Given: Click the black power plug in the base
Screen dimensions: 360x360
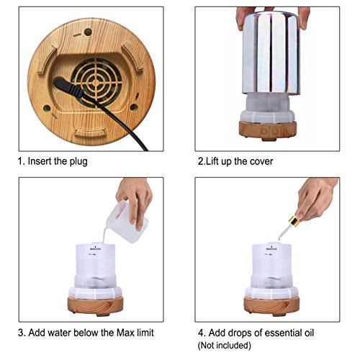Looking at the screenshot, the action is [68, 87].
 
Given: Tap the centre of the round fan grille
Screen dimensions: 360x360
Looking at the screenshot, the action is [96, 82].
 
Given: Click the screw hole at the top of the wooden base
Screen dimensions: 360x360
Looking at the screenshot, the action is [88, 32].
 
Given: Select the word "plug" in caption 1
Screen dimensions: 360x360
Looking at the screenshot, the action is [78, 161].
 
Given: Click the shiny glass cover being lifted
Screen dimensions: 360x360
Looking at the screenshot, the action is [271, 52].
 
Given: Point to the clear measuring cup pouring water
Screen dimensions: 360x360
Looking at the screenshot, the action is [127, 222].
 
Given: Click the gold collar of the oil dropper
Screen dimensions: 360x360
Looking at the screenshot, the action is [294, 221].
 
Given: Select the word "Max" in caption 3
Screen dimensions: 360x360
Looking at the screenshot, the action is [127, 333].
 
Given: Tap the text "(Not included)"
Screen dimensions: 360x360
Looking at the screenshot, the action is [225, 346].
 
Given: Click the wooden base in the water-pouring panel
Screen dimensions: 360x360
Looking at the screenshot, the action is [95, 306].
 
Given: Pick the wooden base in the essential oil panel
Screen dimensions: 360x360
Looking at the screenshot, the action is [271, 306].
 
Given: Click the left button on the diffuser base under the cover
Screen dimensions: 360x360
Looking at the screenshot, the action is [264, 131].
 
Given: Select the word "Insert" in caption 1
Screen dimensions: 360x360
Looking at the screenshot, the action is [40, 161].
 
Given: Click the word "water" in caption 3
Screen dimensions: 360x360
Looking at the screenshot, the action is [59, 333].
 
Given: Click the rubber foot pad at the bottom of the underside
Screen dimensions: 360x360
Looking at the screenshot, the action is [90, 132].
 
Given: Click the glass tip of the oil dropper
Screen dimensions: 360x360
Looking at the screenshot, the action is [280, 238].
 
